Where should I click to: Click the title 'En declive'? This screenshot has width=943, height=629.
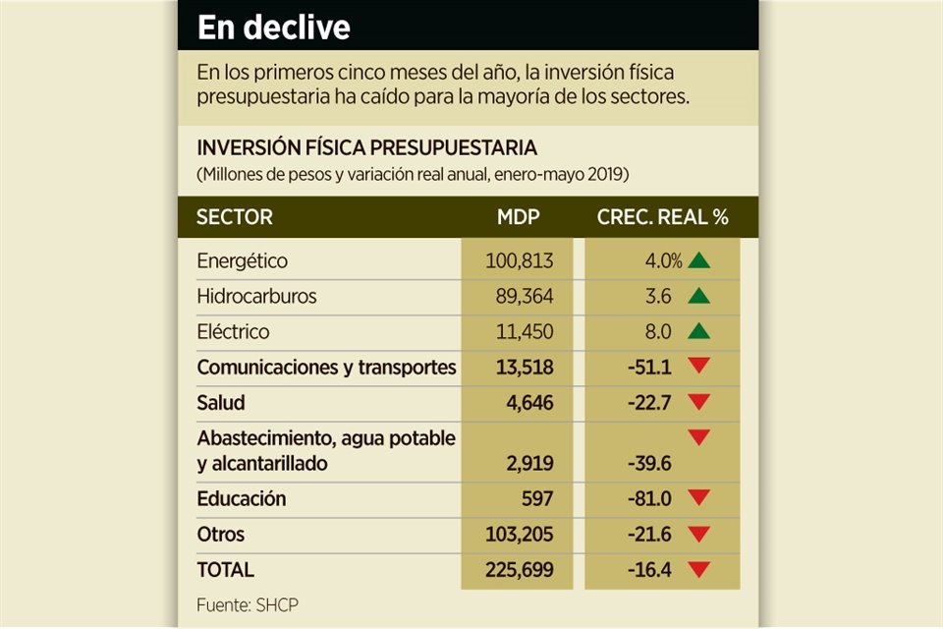click(x=273, y=28)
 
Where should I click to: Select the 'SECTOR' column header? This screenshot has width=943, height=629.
click(x=235, y=217)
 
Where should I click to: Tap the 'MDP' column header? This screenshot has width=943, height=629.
click(x=518, y=217)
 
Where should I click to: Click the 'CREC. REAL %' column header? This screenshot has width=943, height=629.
click(x=663, y=217)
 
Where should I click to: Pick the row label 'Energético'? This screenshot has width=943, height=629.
click(x=242, y=261)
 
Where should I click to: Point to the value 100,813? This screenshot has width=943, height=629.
click(x=520, y=261)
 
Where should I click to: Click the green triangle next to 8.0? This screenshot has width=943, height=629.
click(x=698, y=331)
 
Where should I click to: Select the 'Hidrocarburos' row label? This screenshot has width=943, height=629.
click(x=256, y=296)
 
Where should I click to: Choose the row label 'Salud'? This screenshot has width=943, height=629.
click(x=221, y=403)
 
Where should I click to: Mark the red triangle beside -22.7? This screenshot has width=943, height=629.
click(x=698, y=402)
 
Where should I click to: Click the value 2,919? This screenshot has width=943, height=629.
click(x=530, y=463)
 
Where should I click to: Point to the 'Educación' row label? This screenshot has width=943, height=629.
click(x=242, y=498)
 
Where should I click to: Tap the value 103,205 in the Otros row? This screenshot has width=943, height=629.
click(x=520, y=535)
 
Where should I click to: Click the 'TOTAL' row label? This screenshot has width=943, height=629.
click(x=225, y=570)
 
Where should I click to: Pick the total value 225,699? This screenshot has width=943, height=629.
click(x=520, y=570)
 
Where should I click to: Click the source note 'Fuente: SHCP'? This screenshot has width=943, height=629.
click(x=245, y=604)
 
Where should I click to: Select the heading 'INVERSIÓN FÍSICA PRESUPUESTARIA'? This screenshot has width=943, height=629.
click(x=367, y=148)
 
